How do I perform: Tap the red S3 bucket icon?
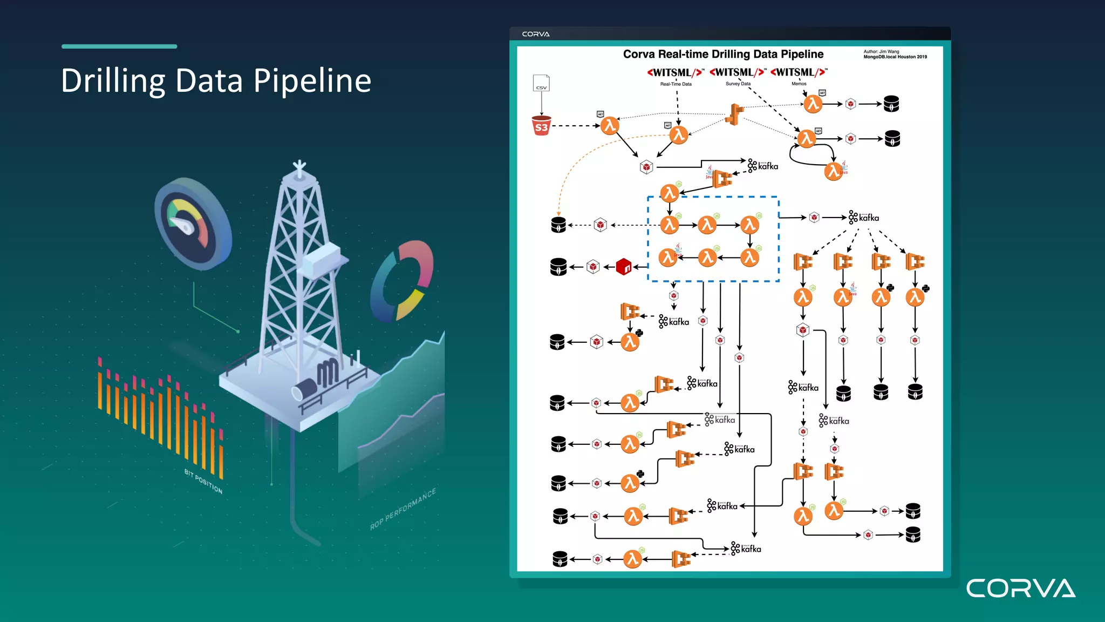[x=541, y=125]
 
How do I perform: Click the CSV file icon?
[x=541, y=83]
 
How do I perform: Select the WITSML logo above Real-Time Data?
[x=676, y=72]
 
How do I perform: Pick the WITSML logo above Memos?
[x=799, y=72]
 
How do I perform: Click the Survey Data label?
[x=738, y=84]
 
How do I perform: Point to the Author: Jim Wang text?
[x=881, y=52]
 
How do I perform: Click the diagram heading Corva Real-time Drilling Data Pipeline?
[x=723, y=54]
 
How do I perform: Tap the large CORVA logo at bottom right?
[x=1020, y=588]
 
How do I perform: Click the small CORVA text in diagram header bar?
[x=536, y=34]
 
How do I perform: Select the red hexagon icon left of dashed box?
[x=624, y=267]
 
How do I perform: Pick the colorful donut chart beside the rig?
[x=402, y=281]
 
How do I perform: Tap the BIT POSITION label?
[x=203, y=481]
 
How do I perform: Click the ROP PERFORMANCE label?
[x=403, y=509]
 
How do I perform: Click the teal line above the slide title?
[x=119, y=46]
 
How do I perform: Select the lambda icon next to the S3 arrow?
[x=610, y=126]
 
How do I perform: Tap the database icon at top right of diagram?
[x=891, y=104]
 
